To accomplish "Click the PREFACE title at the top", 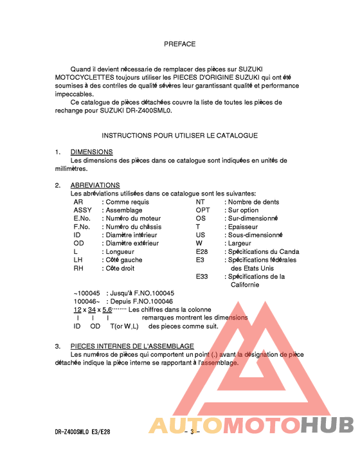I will (179, 44).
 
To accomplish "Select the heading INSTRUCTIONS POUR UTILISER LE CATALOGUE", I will (179, 136).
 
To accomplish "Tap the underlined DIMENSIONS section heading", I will (91, 152).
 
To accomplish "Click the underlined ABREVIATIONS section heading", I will (94, 185).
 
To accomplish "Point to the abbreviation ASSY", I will (82, 210).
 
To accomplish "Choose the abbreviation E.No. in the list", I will (82, 219).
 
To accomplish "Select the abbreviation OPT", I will (203, 210).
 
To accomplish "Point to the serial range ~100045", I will (87, 293).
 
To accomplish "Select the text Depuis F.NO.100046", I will (139, 301).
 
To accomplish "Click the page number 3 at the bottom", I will (191, 432).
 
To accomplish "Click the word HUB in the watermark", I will (327, 426).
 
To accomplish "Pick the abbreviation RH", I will (78, 269).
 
